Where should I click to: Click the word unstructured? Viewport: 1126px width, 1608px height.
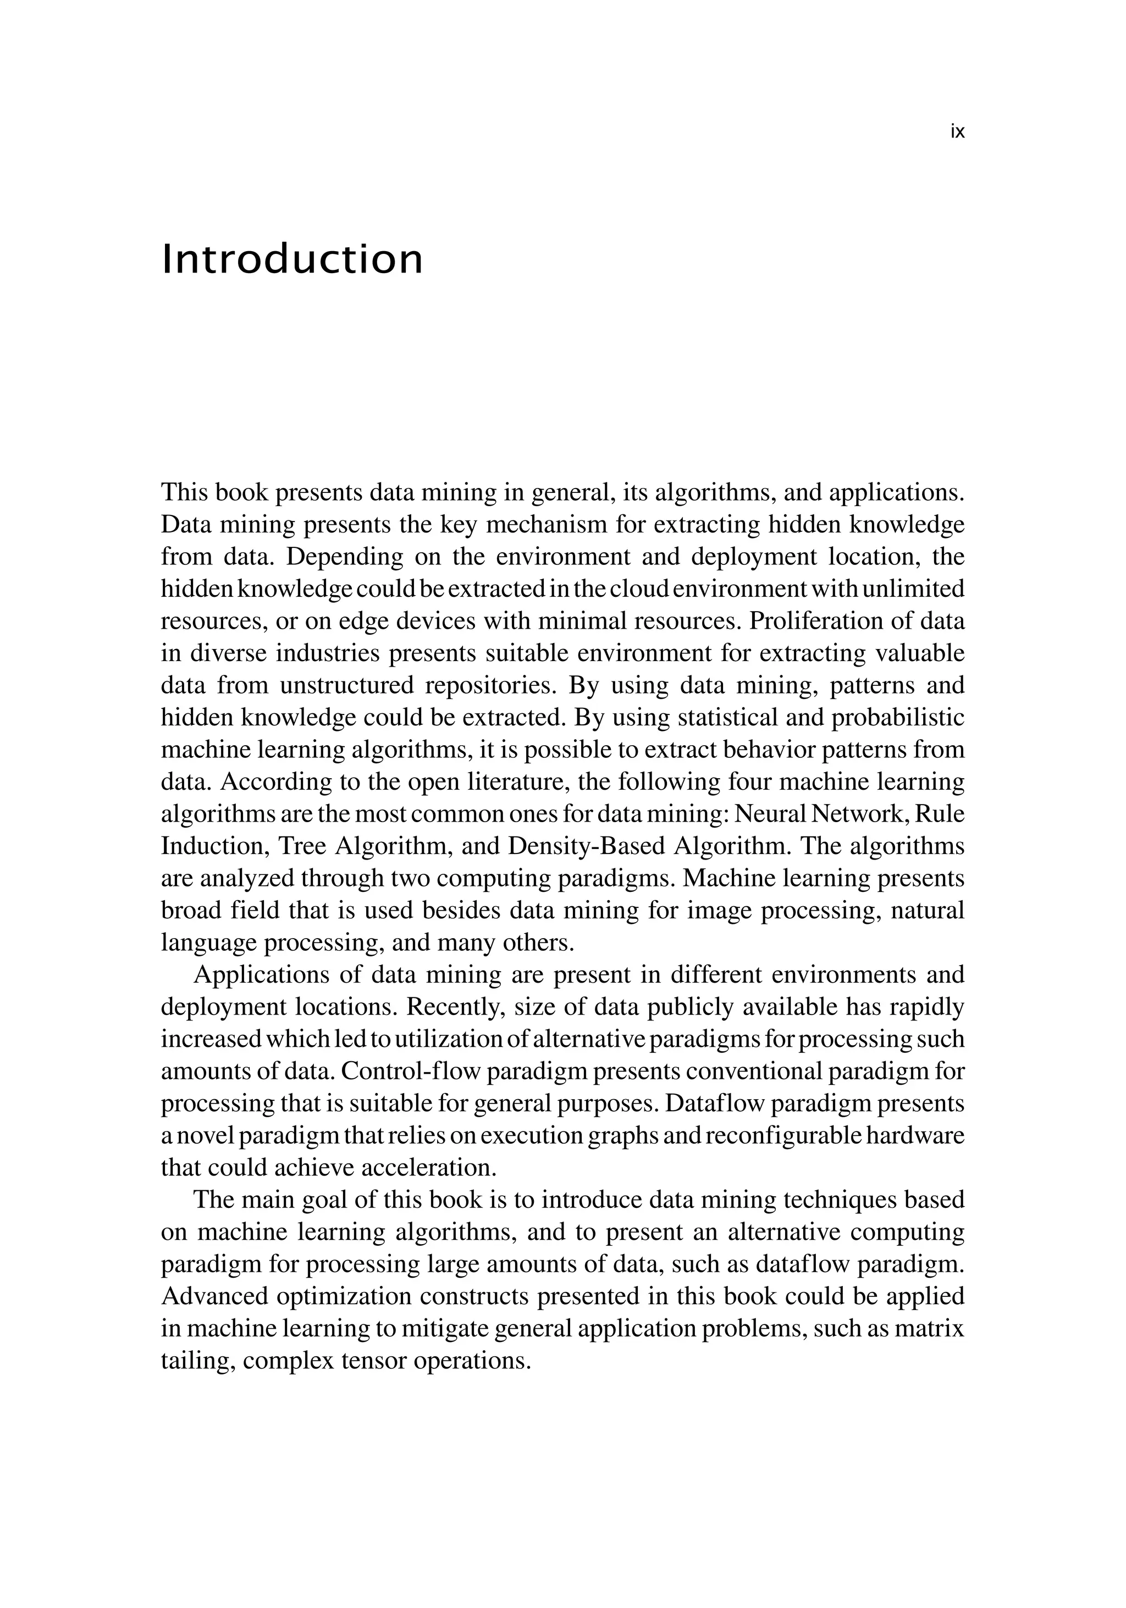coord(347,685)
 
